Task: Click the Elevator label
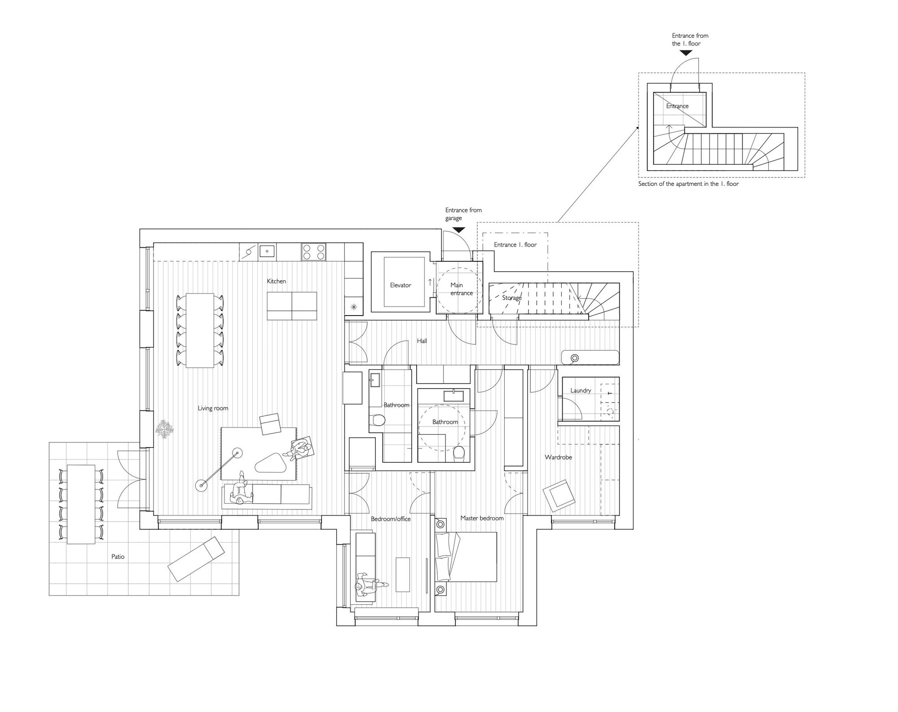401,285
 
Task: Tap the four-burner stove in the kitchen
314,251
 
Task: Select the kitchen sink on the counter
267,251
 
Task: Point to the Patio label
118,557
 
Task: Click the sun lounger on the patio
196,559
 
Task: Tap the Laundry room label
581,391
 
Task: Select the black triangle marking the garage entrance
458,230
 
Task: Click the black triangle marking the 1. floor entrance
686,53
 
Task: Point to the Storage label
512,298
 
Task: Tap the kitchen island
292,306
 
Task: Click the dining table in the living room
200,330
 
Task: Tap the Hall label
422,341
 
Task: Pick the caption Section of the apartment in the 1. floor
688,184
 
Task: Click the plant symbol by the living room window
164,429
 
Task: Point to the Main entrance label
462,289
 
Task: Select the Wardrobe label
559,457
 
